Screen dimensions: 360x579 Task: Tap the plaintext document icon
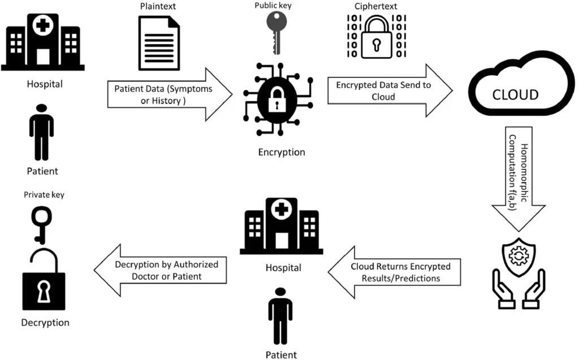coord(159,42)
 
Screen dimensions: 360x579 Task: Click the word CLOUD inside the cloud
coord(515,94)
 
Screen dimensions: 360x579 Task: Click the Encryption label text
coord(281,152)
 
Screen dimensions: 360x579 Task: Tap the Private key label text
coord(44,194)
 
